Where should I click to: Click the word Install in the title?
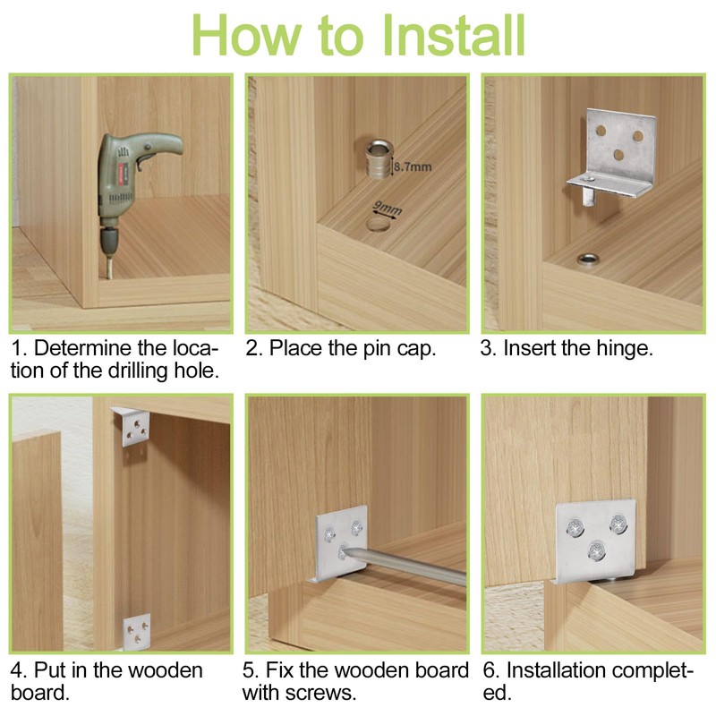(454, 35)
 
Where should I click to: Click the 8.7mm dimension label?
(413, 166)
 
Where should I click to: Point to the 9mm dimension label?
(388, 209)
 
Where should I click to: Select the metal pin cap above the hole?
(379, 159)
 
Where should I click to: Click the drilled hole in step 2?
(379, 225)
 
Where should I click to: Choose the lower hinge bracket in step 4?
(137, 631)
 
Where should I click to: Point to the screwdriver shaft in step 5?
(406, 567)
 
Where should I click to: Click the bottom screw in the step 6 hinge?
(596, 551)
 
